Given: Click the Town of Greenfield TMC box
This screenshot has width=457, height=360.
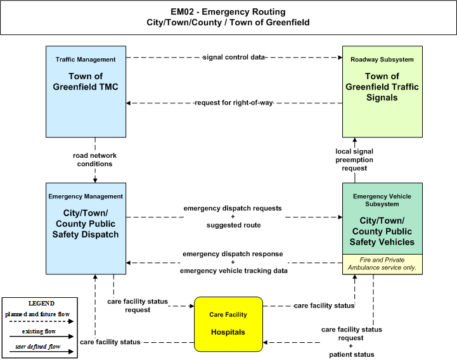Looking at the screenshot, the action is click(x=86, y=91).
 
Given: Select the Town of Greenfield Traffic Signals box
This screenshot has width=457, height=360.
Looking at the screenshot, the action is click(x=382, y=91).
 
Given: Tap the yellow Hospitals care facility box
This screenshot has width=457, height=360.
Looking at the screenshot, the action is click(x=228, y=324).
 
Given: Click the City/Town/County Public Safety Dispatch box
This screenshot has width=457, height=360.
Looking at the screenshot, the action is click(x=86, y=229).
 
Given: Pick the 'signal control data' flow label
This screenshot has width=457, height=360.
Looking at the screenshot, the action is click(x=234, y=57).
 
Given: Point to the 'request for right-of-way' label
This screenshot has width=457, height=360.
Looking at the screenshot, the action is click(x=234, y=103).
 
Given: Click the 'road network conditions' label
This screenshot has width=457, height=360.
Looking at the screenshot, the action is click(x=94, y=160).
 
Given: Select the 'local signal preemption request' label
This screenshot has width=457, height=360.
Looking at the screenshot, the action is click(x=354, y=160).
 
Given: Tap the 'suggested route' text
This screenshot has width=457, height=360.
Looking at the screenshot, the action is click(x=234, y=225).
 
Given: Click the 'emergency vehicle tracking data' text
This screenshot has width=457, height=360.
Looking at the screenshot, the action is click(x=234, y=271).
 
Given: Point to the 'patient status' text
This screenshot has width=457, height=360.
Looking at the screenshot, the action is click(x=352, y=354).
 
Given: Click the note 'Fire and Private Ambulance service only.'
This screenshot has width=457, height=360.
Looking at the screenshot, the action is click(x=382, y=264).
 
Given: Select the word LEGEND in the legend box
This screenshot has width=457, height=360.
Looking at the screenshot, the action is click(x=41, y=303).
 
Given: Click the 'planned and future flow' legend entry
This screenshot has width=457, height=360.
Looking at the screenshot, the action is click(x=37, y=314).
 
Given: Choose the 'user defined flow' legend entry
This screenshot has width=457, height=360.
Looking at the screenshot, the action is click(x=38, y=346).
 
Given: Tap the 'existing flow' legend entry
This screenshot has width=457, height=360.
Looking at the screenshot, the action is click(x=39, y=331).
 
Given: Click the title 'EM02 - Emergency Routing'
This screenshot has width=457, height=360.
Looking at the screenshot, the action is click(x=228, y=11).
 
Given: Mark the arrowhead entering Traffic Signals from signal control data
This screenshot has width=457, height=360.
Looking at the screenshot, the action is click(x=340, y=58).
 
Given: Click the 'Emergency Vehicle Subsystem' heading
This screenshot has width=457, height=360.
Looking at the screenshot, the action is click(x=382, y=200).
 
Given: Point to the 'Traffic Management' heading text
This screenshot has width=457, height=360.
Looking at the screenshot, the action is click(x=86, y=60).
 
